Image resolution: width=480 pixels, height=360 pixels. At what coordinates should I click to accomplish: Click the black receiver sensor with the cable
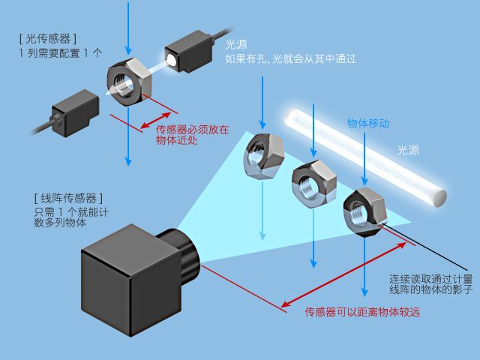coord(76,110)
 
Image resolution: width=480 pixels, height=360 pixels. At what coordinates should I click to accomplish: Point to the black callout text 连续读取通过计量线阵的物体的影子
coord(430,283)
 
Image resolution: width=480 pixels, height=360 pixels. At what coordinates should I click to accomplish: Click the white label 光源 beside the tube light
coord(408,150)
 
